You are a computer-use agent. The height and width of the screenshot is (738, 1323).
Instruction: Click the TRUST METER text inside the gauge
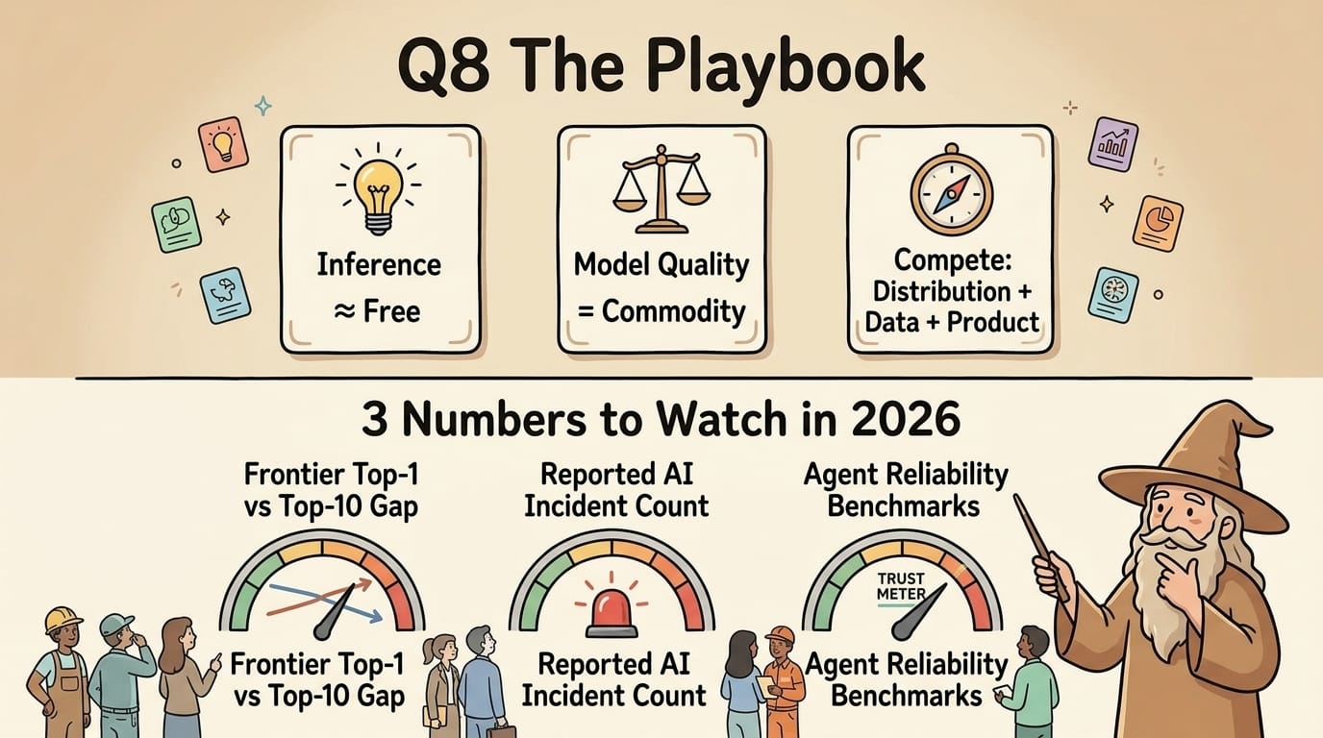[x=901, y=586]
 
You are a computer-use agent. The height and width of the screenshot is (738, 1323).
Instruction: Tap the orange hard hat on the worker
[x=780, y=636]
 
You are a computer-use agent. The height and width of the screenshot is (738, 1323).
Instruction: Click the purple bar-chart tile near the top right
[x=1116, y=145]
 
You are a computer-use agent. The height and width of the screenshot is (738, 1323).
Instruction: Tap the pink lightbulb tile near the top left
[x=223, y=144]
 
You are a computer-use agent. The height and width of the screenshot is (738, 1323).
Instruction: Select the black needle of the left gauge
[x=332, y=616]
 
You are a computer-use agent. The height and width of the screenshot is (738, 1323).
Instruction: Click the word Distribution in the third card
[x=940, y=291]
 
